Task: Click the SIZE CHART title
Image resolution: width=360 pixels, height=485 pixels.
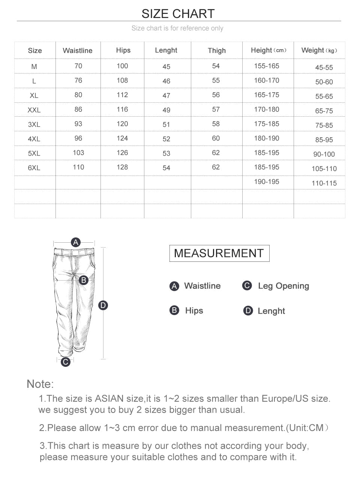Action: pyautogui.click(x=178, y=14)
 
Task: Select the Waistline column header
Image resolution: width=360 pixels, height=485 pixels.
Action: pyautogui.click(x=78, y=51)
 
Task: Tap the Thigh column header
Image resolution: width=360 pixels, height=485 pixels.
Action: pyautogui.click(x=217, y=51)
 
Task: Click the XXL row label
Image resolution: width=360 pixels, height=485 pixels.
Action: pyautogui.click(x=34, y=110)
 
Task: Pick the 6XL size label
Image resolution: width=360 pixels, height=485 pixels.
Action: pyautogui.click(x=34, y=168)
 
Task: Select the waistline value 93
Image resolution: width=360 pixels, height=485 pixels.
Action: pyautogui.click(x=78, y=124)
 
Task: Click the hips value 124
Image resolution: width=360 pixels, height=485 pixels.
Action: pyautogui.click(x=122, y=138)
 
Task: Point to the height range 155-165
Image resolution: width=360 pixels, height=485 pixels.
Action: pyautogui.click(x=267, y=66)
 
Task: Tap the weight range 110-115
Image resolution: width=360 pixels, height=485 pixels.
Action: pyautogui.click(x=324, y=183)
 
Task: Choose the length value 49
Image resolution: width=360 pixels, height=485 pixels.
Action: pyautogui.click(x=166, y=110)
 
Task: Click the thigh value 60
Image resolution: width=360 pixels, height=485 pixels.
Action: pyautogui.click(x=216, y=138)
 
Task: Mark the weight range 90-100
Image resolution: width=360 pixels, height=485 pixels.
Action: pyautogui.click(x=324, y=154)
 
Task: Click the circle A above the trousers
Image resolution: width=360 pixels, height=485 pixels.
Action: pyautogui.click(x=76, y=242)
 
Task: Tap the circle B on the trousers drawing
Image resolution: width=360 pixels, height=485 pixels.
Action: pyautogui.click(x=84, y=280)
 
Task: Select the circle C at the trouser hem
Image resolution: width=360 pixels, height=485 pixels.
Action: pyautogui.click(x=66, y=362)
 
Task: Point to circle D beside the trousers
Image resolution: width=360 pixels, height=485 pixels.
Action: pyautogui.click(x=103, y=305)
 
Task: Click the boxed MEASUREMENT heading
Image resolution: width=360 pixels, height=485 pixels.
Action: pyautogui.click(x=219, y=253)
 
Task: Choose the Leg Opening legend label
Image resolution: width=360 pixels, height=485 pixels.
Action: pyautogui.click(x=283, y=286)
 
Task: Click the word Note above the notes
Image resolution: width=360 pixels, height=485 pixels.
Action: pyautogui.click(x=40, y=384)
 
